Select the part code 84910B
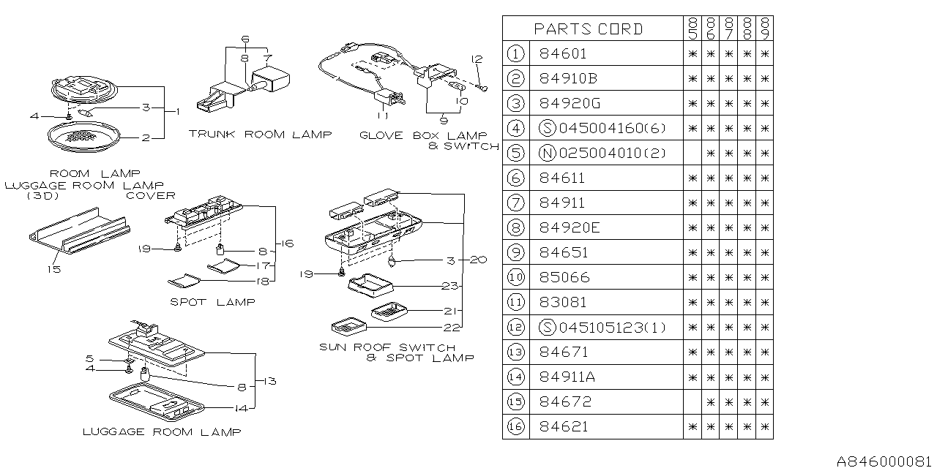point(568,78)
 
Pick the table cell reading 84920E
point(568,227)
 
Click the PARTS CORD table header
point(589,29)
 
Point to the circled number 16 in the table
point(516,426)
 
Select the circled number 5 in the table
point(516,153)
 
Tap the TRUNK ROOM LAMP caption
point(259,134)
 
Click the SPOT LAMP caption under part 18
point(212,301)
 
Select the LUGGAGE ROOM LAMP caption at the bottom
point(161,432)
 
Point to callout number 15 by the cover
point(55,269)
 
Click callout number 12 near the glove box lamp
point(477,58)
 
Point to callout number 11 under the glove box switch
point(381,116)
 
